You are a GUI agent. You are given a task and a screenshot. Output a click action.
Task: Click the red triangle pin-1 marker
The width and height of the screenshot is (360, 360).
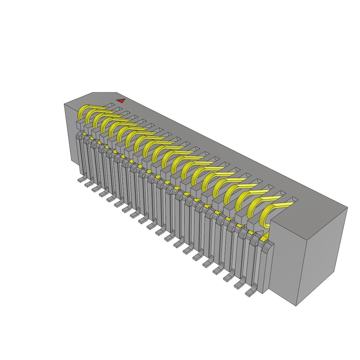(x=121, y=101)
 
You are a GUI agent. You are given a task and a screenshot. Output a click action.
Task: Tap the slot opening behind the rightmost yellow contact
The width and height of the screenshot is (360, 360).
(x=292, y=200)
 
